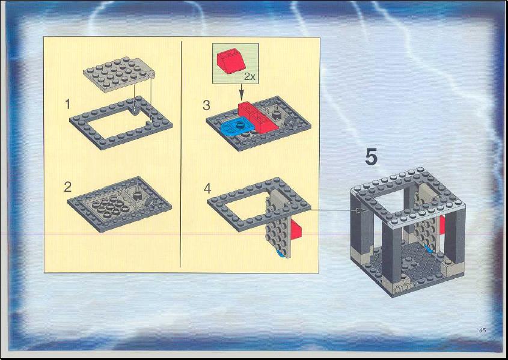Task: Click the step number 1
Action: [x=68, y=105]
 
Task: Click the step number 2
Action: [x=68, y=187]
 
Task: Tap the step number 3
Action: [x=206, y=105]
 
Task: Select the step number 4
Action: [x=207, y=189]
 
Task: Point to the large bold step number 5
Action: [x=372, y=157]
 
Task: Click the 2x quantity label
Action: [x=249, y=77]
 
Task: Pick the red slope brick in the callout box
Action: [x=230, y=61]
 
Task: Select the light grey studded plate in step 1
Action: [x=119, y=75]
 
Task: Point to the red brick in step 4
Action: [x=296, y=228]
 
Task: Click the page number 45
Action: [x=482, y=330]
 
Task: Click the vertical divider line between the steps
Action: [x=180, y=154]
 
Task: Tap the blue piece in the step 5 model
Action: [x=428, y=249]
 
